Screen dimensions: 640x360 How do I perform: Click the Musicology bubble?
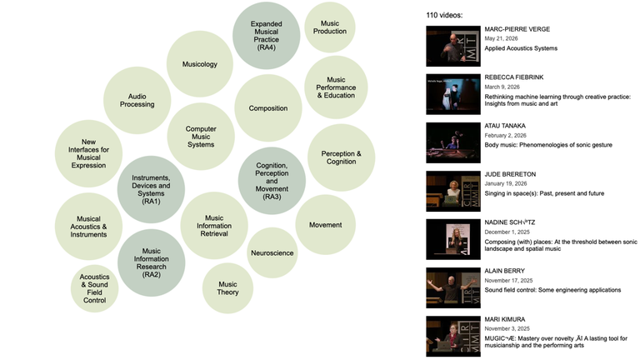click(200, 64)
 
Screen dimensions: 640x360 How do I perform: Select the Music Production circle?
click(330, 27)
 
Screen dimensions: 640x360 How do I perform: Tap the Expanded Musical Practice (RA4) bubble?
click(266, 36)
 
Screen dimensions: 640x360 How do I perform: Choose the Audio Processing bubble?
click(137, 100)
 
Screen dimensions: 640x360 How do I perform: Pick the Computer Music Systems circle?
click(201, 137)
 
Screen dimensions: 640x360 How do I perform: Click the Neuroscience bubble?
click(272, 253)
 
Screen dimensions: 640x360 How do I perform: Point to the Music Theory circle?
click(227, 288)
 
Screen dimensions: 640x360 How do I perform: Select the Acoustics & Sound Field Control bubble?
click(95, 288)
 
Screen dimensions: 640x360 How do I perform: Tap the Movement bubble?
click(325, 225)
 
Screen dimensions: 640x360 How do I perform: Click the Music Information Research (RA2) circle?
click(151, 262)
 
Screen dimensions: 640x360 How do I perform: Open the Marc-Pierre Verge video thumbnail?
click(453, 46)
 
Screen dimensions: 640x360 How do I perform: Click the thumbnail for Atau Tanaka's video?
click(453, 142)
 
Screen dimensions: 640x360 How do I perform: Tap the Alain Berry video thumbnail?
click(453, 287)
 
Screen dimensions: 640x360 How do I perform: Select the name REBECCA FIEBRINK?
click(514, 77)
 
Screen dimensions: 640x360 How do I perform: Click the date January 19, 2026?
click(506, 183)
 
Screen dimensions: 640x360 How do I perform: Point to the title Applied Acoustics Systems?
click(521, 48)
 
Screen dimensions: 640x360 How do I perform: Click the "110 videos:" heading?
click(444, 15)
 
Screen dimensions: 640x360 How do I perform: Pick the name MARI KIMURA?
click(505, 319)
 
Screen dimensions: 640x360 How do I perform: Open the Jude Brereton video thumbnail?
click(453, 191)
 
